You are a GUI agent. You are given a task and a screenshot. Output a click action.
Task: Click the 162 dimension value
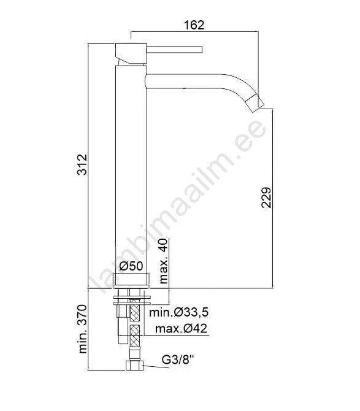194,25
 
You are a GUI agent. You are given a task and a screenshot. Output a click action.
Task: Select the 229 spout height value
266,198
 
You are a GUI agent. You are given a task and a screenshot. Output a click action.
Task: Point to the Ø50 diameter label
131,266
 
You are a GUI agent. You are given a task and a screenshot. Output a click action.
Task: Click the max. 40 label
163,261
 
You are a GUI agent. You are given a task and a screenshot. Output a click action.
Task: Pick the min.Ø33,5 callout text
178,312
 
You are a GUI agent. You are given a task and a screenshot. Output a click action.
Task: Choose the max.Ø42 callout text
181,328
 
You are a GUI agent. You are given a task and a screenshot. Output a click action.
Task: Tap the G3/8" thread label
178,359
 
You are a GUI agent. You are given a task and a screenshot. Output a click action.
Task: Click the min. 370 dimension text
82,329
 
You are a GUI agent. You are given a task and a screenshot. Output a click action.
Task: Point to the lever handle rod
174,50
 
